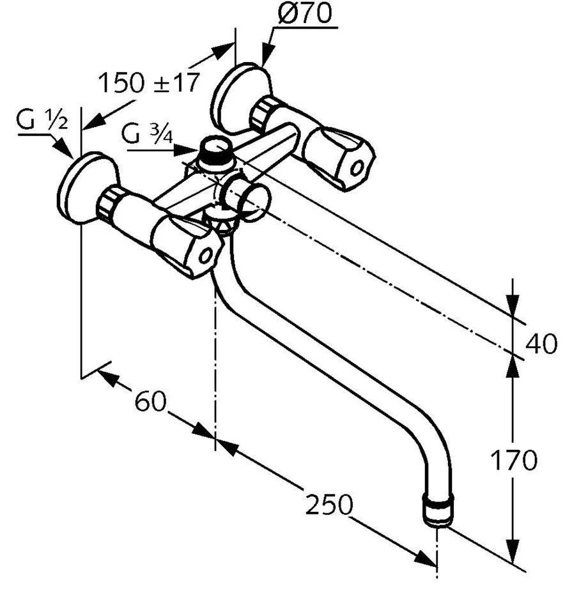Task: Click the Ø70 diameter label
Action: click(304, 13)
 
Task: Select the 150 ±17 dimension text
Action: click(149, 82)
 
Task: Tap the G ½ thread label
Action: click(42, 121)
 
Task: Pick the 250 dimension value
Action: click(329, 505)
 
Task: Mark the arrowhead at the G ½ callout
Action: click(69, 151)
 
